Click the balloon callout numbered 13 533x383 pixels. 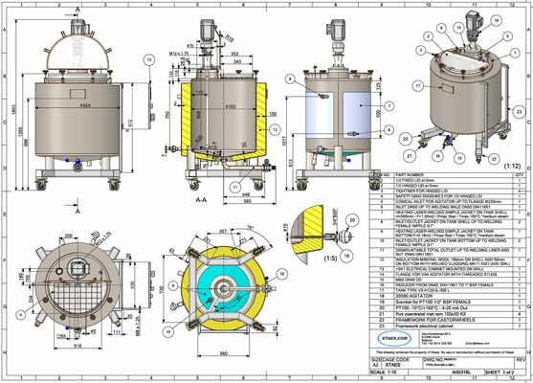tap(148, 59)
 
